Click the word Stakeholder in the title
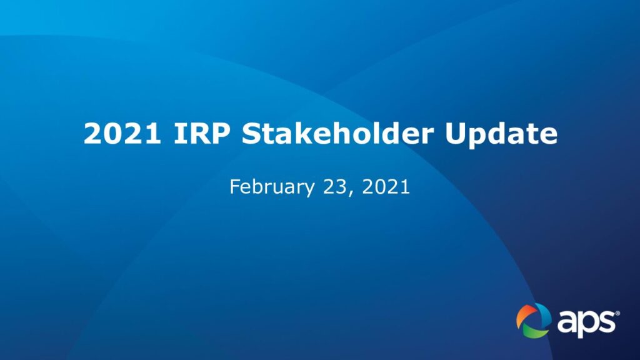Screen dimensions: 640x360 [x=337, y=133]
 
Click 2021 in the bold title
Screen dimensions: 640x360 [x=122, y=134]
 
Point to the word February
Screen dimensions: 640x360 [x=272, y=187]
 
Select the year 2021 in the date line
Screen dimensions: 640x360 [x=386, y=186]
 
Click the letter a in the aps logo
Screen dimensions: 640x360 [x=567, y=322]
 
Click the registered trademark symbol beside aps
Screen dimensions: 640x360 [x=617, y=314]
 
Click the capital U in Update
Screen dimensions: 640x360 [x=456, y=134]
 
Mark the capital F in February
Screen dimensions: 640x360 [x=235, y=186]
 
